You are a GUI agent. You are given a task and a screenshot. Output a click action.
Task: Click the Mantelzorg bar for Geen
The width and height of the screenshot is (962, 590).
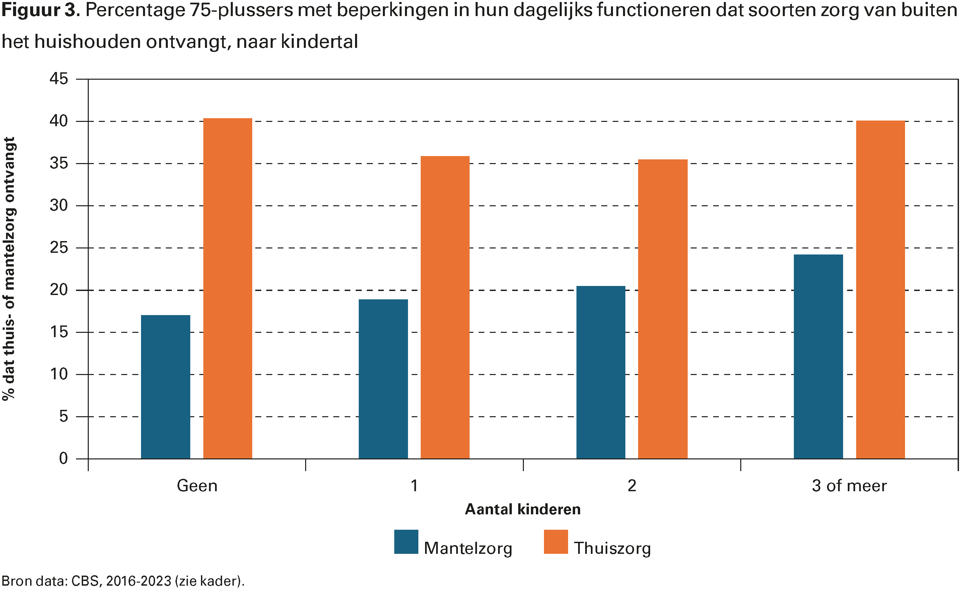click(165, 387)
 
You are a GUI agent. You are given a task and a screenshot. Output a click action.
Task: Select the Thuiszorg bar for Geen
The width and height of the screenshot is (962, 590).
click(228, 288)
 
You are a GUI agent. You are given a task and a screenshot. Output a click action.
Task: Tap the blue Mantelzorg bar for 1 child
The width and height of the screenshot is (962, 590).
click(383, 379)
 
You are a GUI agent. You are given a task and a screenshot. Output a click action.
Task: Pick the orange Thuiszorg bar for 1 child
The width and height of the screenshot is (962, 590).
click(445, 307)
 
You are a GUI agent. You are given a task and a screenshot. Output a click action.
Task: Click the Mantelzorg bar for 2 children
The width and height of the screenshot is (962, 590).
click(601, 372)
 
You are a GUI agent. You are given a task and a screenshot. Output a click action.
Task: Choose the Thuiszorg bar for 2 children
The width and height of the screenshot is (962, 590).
click(663, 309)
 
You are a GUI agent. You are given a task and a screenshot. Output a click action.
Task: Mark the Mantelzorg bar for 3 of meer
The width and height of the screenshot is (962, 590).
click(818, 357)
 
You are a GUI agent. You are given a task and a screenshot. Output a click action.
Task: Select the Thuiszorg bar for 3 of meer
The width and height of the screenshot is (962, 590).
click(880, 290)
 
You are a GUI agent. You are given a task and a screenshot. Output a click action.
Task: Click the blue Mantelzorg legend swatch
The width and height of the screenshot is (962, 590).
click(406, 541)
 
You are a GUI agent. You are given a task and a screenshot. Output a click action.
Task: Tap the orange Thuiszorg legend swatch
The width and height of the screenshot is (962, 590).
click(556, 541)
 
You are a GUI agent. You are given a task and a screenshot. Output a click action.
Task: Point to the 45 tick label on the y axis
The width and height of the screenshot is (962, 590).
click(59, 79)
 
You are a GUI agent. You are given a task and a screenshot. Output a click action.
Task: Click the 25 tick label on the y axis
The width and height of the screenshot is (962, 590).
click(59, 248)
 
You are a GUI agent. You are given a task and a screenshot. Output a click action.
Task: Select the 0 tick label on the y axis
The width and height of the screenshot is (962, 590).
click(63, 458)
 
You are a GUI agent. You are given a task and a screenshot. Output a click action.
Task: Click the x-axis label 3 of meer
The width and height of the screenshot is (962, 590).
click(849, 486)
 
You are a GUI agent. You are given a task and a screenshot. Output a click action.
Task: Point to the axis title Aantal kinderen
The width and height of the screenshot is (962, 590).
click(523, 510)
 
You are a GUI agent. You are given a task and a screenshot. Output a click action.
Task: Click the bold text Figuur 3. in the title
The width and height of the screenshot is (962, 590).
click(41, 10)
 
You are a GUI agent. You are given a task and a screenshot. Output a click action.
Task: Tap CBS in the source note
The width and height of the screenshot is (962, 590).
click(87, 581)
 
